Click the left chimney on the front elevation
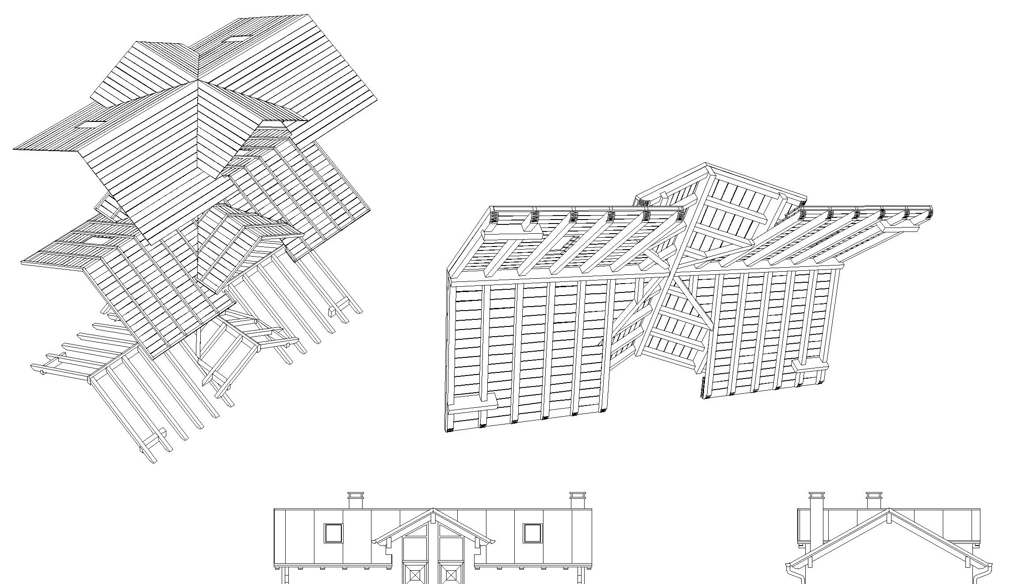[356, 501]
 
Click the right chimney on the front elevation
[578, 501]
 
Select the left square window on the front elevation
[333, 533]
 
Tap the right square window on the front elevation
[532, 533]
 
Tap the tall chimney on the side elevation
[816, 521]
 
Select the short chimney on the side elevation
[873, 501]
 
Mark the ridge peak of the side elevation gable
[888, 510]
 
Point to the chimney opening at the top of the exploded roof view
[237, 38]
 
